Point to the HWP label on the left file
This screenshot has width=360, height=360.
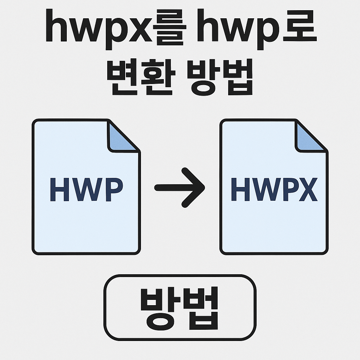pyautogui.click(x=86, y=190)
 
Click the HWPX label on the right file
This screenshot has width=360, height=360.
pyautogui.click(x=274, y=190)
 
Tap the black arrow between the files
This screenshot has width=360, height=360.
pyautogui.click(x=179, y=187)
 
